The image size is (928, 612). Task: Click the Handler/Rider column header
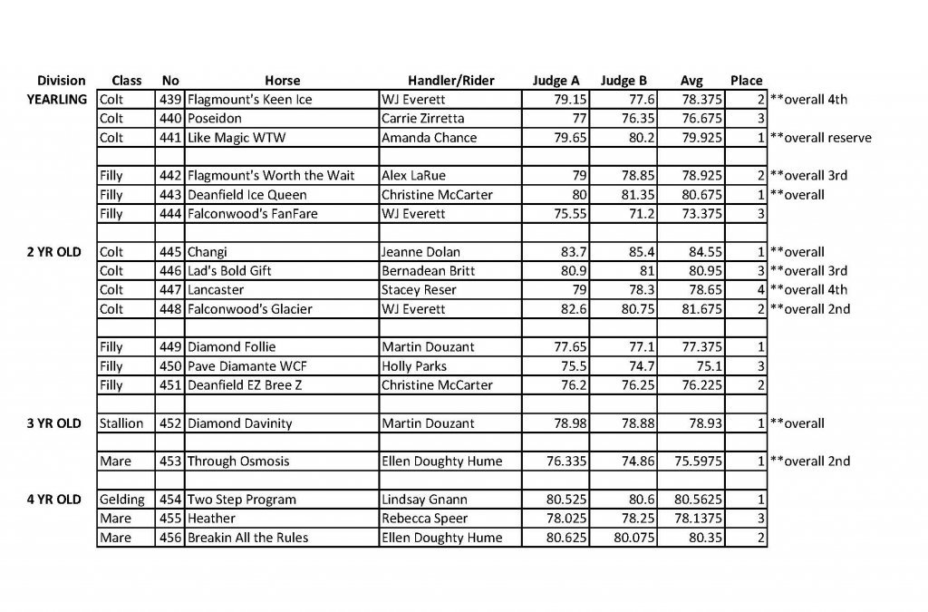coord(450,81)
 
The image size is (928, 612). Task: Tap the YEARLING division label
coord(57,100)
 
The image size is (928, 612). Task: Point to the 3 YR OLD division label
coord(54,423)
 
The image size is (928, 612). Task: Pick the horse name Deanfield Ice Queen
coord(246,195)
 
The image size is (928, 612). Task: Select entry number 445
coord(169,252)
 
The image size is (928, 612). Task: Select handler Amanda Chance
coord(429,138)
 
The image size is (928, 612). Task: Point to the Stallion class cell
coord(121,423)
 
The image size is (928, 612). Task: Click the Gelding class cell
coord(121,500)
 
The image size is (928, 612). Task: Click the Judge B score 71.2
coord(634,214)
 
